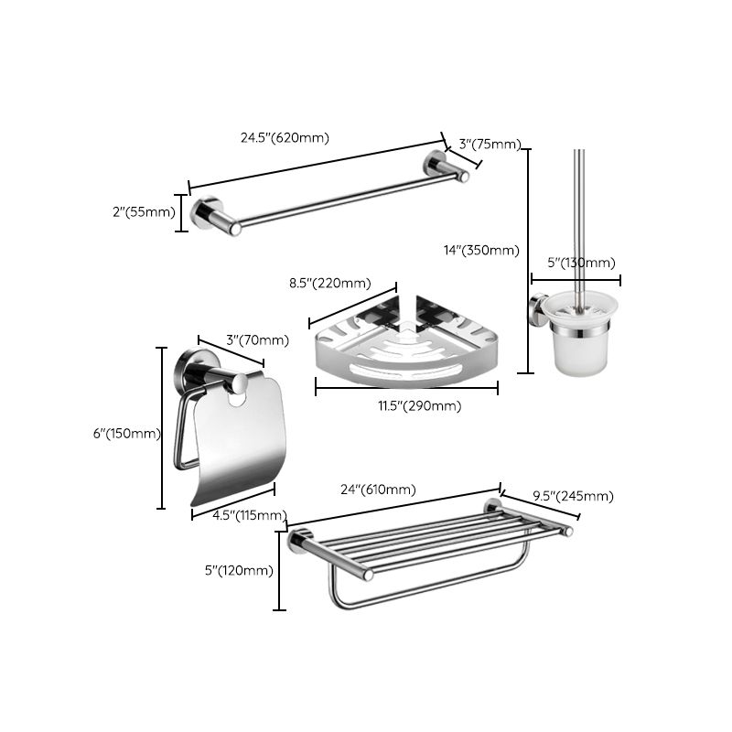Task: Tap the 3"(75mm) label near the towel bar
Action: [x=490, y=144]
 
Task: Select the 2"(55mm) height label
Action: [x=143, y=212]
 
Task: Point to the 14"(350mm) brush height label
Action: [x=480, y=250]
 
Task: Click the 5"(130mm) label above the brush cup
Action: [x=581, y=264]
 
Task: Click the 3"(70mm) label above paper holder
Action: [x=256, y=340]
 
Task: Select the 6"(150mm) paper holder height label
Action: [x=126, y=434]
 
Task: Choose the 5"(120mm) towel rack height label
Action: [x=239, y=570]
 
